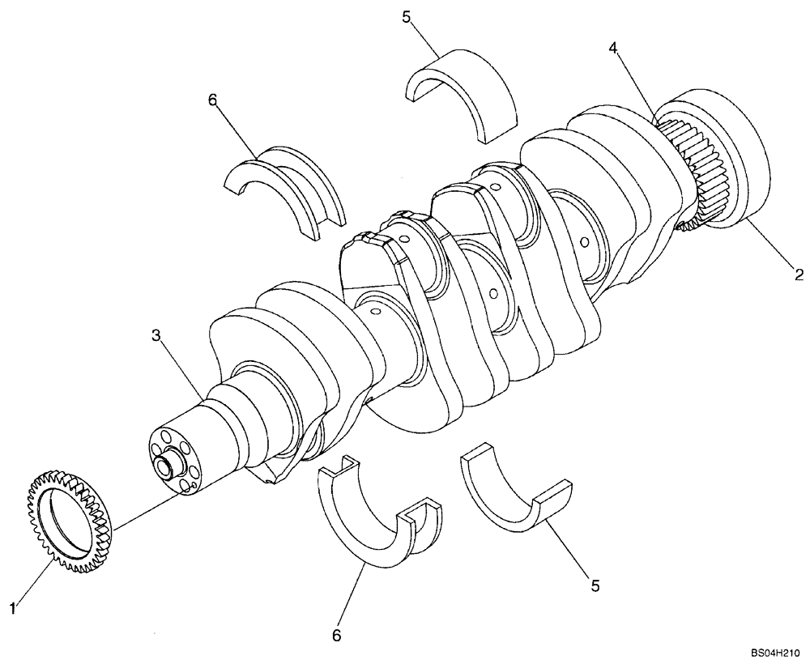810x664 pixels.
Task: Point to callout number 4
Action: pos(615,49)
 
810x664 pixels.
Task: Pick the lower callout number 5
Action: pos(595,585)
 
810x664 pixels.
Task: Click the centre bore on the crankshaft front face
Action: pos(168,466)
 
